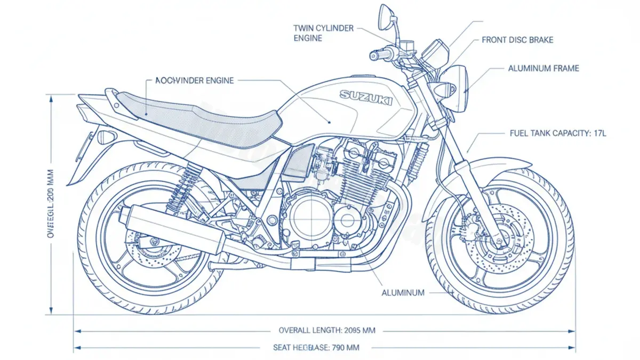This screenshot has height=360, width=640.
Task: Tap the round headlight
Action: coord(456,88)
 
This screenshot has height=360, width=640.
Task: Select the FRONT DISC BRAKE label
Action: coord(517,40)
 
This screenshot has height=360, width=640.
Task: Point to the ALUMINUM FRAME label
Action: coord(543,68)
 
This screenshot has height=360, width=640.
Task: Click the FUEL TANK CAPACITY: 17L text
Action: coord(558,133)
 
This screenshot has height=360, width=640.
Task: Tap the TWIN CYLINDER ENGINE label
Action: coord(323,33)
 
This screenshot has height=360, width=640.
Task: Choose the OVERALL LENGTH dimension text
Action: coord(327,331)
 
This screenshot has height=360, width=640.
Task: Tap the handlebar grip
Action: coord(380,54)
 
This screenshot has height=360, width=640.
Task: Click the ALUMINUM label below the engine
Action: coord(403,293)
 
